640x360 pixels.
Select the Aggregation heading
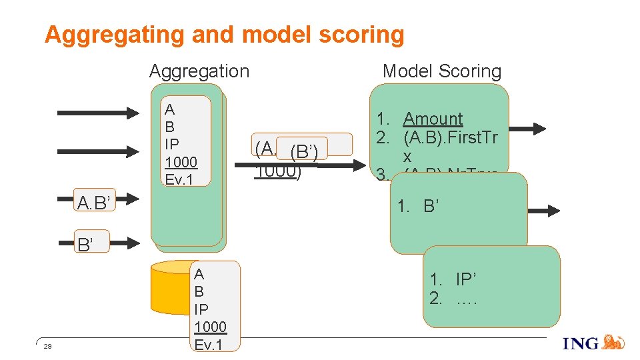199,71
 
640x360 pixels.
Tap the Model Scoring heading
441,71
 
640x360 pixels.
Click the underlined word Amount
433,119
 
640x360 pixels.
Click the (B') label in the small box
305,152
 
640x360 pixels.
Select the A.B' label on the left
93,202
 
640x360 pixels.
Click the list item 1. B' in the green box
419,206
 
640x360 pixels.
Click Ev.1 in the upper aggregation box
179,179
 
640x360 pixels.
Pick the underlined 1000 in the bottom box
210,327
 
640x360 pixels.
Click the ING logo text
581,343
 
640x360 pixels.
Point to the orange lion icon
613,342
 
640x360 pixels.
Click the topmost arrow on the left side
96,113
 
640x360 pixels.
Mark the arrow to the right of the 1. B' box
543,211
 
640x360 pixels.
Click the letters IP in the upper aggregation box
171,144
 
